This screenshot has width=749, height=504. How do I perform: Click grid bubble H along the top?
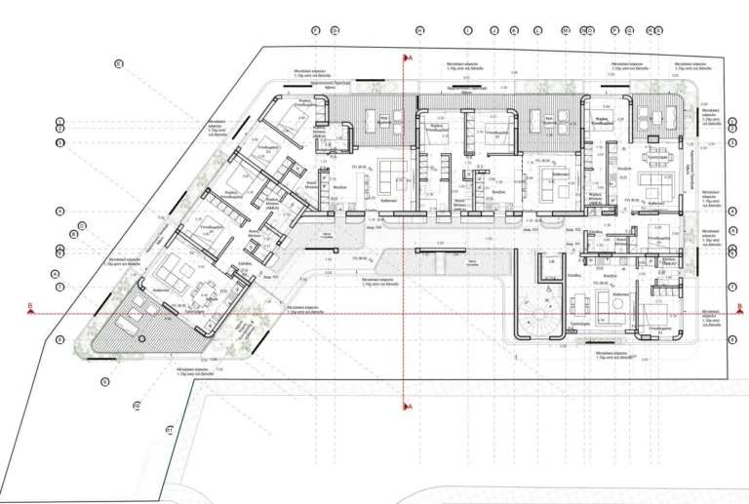[x=419, y=30]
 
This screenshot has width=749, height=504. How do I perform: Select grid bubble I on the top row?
[x=468, y=30]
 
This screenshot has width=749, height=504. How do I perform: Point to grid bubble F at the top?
[x=316, y=30]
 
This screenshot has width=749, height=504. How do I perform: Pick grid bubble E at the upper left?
[x=118, y=64]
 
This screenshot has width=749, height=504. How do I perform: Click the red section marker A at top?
[x=411, y=58]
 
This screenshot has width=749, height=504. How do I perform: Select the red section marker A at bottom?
[x=411, y=406]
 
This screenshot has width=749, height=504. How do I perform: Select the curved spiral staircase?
[x=532, y=318]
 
